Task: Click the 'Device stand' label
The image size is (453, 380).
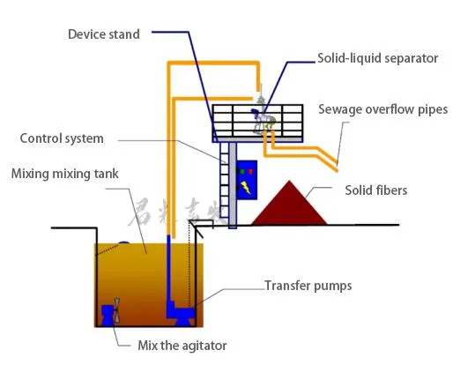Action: (x=103, y=34)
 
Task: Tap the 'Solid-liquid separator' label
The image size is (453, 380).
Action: (x=377, y=58)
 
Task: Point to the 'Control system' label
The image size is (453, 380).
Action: (x=62, y=138)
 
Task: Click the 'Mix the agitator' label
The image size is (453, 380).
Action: (x=182, y=345)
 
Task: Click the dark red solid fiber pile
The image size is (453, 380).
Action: (x=290, y=205)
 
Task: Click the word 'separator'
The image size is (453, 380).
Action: (x=408, y=58)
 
